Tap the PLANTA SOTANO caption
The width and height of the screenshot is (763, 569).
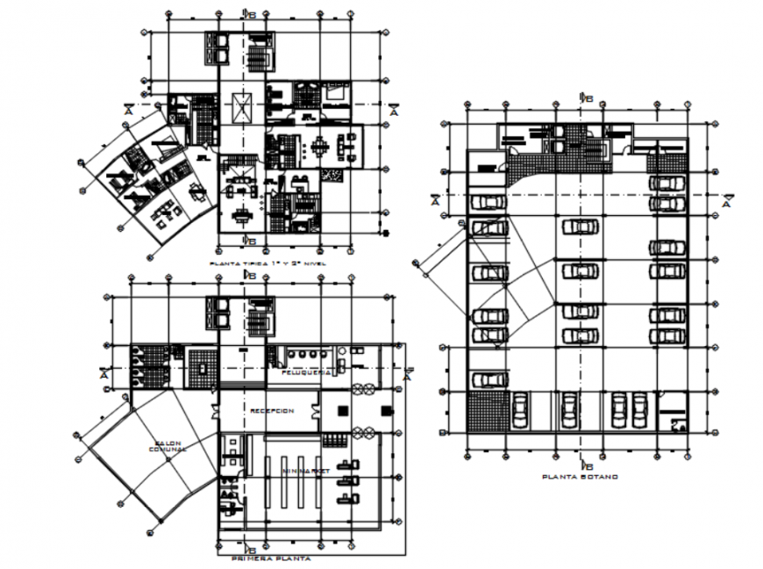(581, 477)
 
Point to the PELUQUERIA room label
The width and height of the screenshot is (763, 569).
(305, 372)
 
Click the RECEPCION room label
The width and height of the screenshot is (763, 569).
(271, 411)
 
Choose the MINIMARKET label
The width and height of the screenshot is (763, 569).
(305, 472)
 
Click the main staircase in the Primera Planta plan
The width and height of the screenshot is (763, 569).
(259, 317)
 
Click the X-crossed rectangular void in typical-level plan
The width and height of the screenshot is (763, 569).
(240, 108)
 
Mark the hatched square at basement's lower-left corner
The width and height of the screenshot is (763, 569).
(488, 412)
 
